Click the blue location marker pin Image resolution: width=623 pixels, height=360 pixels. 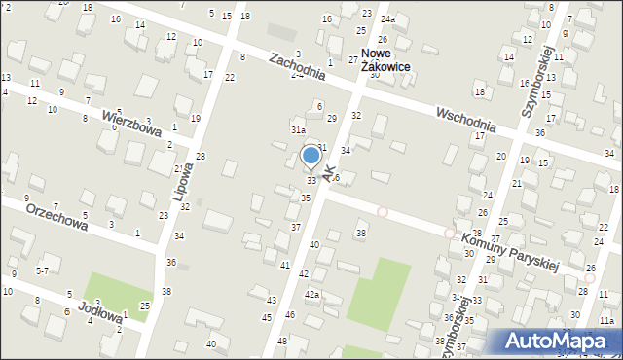[x=311, y=157]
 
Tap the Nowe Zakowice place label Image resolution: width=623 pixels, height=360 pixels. [x=385, y=60]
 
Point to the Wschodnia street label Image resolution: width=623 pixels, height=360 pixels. [x=465, y=113]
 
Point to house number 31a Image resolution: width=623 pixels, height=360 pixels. [x=298, y=129]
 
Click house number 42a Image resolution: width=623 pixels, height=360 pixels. [x=311, y=294]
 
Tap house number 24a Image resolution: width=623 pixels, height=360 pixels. [x=387, y=19]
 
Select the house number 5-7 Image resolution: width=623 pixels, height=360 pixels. [x=42, y=270]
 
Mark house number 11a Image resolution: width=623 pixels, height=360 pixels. [x=607, y=320]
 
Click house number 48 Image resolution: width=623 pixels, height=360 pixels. [x=282, y=342]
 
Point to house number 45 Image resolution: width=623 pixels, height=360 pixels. [x=267, y=318]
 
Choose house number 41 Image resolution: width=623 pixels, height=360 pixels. [x=285, y=265]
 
